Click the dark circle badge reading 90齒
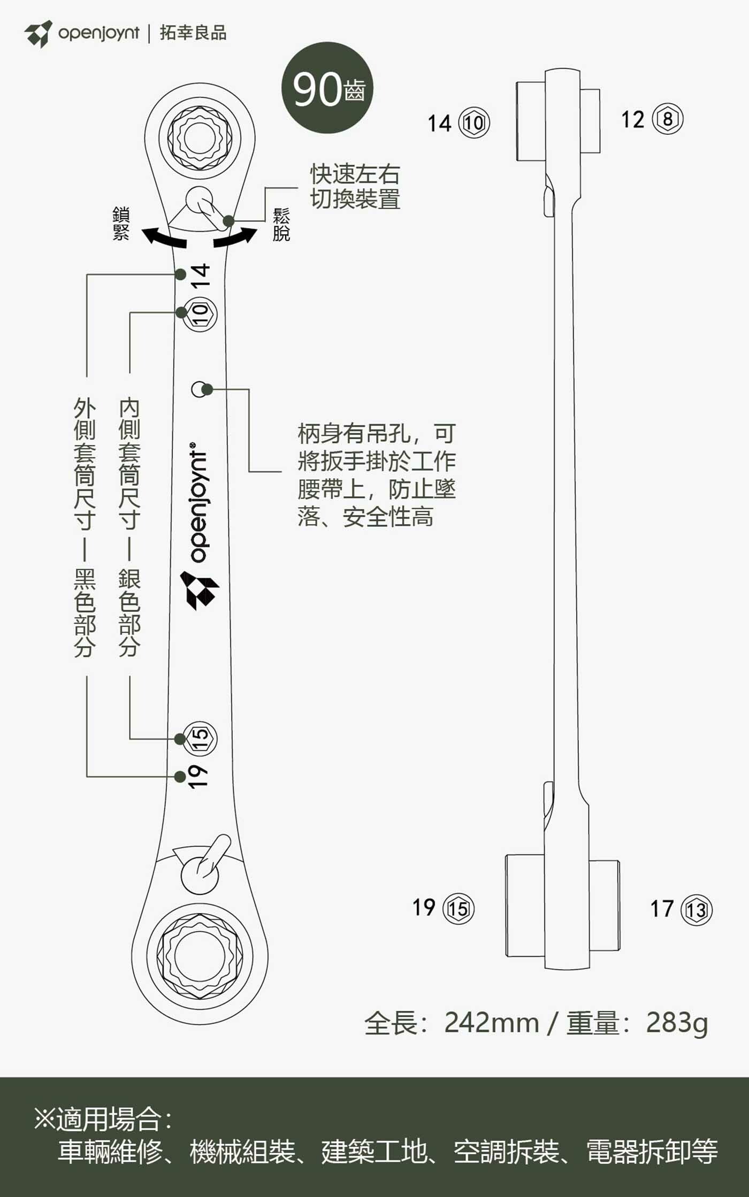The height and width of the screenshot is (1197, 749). tap(327, 88)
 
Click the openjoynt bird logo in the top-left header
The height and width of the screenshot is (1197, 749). tap(39, 33)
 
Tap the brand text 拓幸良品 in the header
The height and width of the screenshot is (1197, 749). tap(193, 33)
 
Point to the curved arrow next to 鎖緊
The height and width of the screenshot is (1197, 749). tap(164, 237)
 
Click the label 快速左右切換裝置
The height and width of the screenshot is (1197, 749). tap(355, 187)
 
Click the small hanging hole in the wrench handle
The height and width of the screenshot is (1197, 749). tap(198, 389)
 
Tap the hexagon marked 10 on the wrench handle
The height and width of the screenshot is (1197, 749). tap(200, 314)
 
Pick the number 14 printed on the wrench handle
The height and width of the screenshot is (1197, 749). tap(200, 276)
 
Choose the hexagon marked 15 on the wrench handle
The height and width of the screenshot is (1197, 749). tap(200, 738)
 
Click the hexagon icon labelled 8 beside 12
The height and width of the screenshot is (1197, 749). tap(668, 119)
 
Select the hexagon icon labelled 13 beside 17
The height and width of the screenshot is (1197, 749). tap(697, 909)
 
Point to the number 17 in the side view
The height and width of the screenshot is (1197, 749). tap(662, 908)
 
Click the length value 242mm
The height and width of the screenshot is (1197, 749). tap(491, 1023)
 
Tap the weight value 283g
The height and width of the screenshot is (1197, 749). tap(677, 1023)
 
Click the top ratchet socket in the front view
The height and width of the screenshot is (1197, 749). tap(200, 138)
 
